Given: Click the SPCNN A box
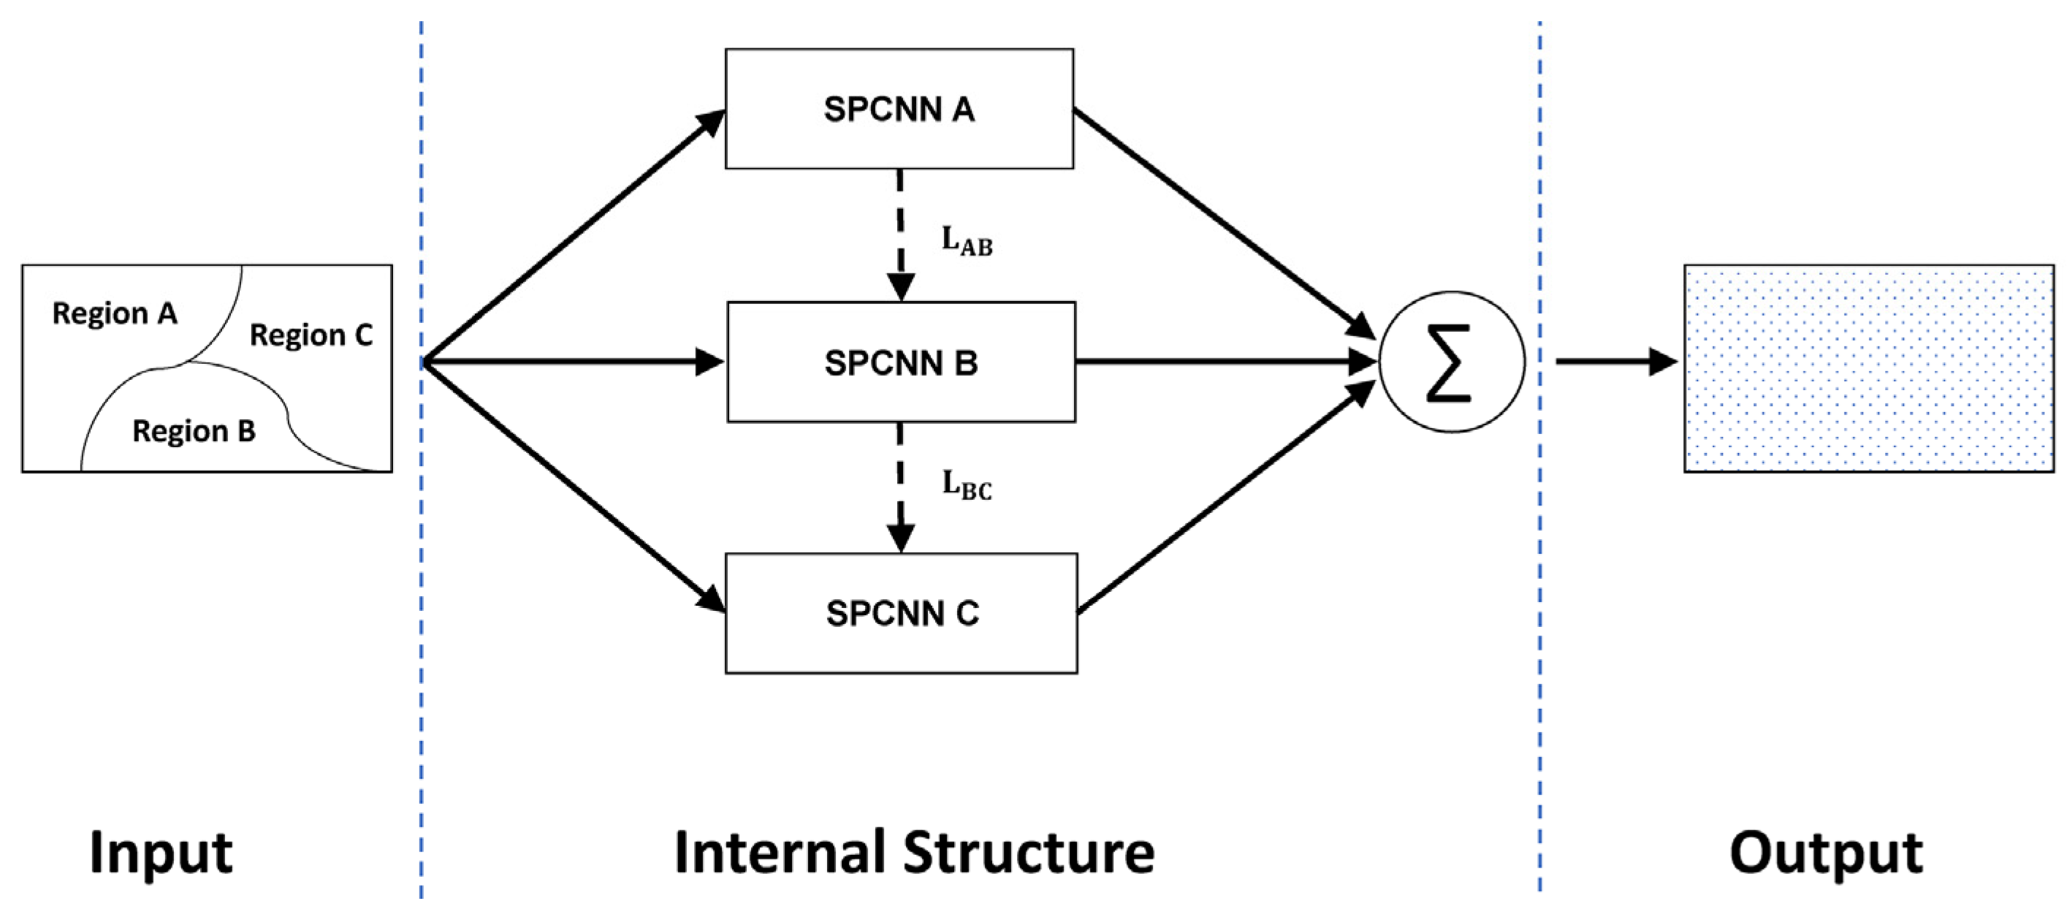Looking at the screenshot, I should pyautogui.click(x=899, y=109).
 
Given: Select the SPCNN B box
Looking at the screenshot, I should pyautogui.click(x=900, y=362).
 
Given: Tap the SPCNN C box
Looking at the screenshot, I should pyautogui.click(x=901, y=613).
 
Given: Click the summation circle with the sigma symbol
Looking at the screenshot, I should pyautogui.click(x=1451, y=362).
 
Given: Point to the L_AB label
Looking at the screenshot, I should pyautogui.click(x=967, y=240).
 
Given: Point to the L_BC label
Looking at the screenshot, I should pyautogui.click(x=967, y=485).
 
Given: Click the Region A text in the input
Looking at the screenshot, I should pyautogui.click(x=114, y=313).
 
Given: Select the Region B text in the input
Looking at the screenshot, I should pyautogui.click(x=194, y=431).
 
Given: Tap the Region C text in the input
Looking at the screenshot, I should pyautogui.click(x=311, y=335).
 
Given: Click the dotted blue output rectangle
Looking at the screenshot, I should pyautogui.click(x=1868, y=368).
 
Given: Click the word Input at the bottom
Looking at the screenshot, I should pyautogui.click(x=161, y=853).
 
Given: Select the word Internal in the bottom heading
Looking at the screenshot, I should pyautogui.click(x=779, y=853).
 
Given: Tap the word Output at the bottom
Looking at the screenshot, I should pyautogui.click(x=1826, y=853).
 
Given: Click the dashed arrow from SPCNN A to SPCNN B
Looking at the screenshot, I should pyautogui.click(x=900, y=233).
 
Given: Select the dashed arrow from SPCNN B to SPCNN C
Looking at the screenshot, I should pyautogui.click(x=900, y=487).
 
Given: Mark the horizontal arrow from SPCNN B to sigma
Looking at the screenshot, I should pyautogui.click(x=1222, y=362).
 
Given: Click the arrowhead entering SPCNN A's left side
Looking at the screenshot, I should pyautogui.click(x=711, y=122).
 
